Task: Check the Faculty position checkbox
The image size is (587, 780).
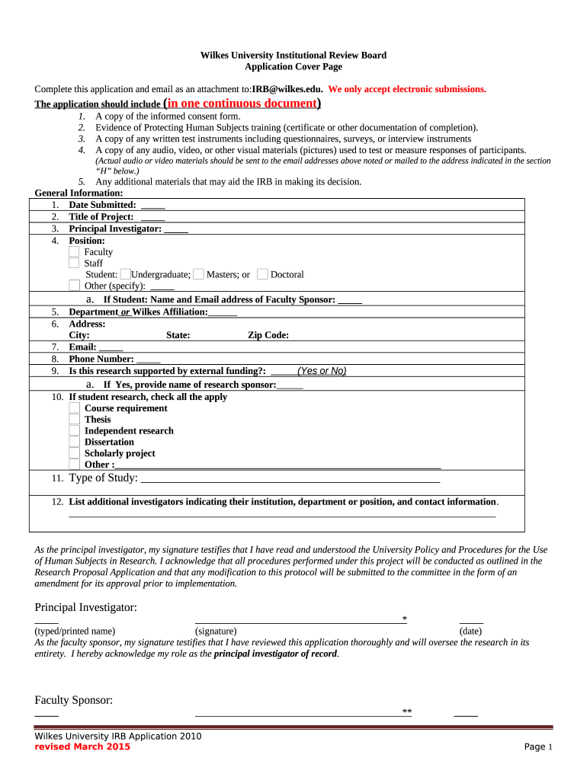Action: (x=74, y=251)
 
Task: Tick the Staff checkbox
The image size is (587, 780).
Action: (x=74, y=263)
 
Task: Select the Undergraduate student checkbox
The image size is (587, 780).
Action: (x=126, y=274)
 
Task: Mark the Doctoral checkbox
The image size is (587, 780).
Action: (x=262, y=274)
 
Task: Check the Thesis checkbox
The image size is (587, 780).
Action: (x=74, y=419)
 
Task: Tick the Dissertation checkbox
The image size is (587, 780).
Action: (x=74, y=442)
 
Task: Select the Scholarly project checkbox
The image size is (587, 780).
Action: (x=74, y=453)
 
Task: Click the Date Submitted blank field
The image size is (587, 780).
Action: (x=152, y=206)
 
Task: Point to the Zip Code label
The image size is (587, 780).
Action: (x=268, y=335)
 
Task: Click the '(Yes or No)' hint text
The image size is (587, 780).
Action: (x=322, y=371)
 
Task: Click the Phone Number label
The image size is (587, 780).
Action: (x=101, y=359)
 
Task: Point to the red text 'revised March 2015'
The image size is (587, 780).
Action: (x=82, y=746)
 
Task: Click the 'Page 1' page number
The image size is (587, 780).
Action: (x=538, y=747)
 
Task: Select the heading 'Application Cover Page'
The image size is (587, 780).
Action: (x=293, y=67)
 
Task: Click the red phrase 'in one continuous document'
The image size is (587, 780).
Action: (x=242, y=103)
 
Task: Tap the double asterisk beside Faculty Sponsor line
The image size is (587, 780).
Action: (x=407, y=711)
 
